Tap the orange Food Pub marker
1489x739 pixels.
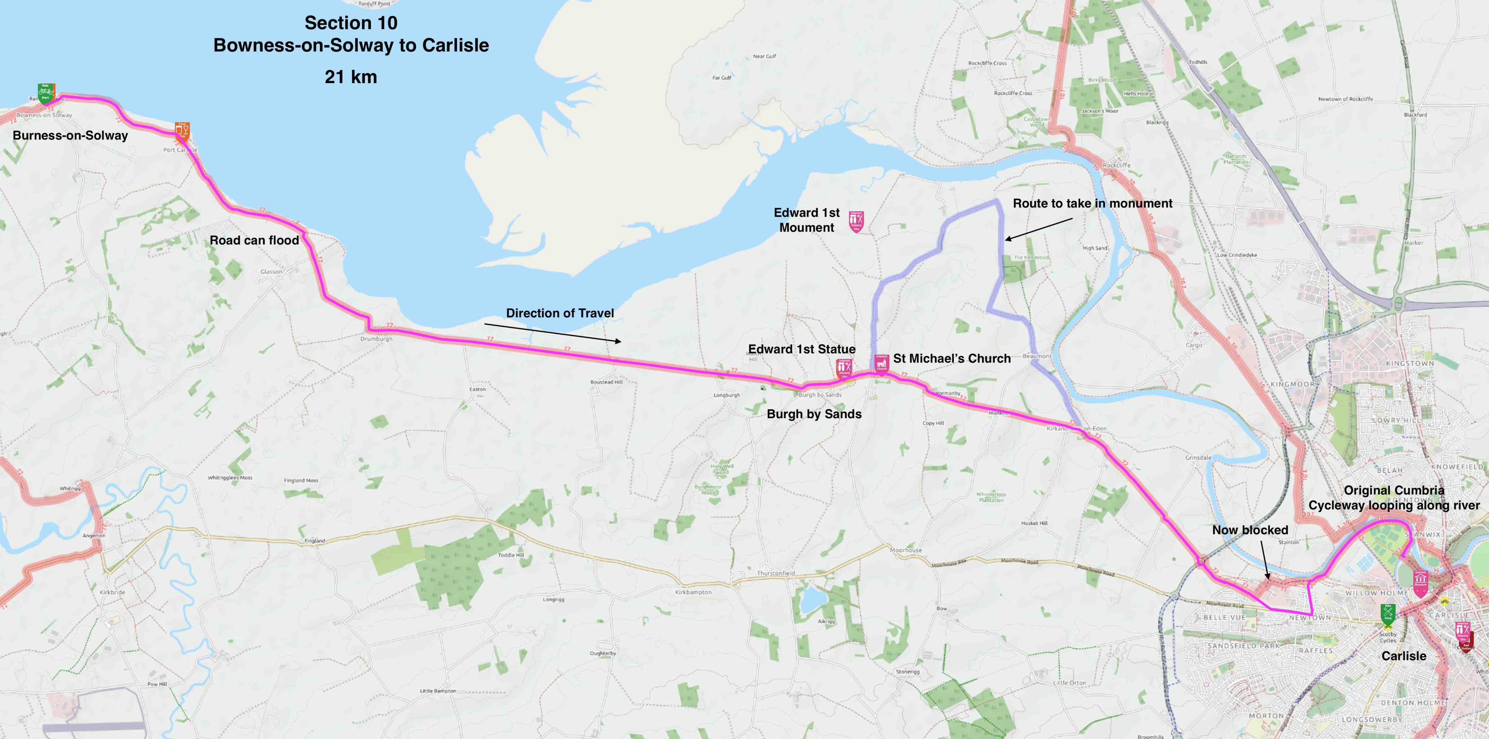(182, 131)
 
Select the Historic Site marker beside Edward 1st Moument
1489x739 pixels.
(856, 221)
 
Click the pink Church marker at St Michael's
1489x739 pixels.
(882, 364)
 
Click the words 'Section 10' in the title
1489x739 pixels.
(351, 23)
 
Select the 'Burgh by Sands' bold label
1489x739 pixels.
(814, 414)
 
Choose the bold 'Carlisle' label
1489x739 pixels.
(1403, 656)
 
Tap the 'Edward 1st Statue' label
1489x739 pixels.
(802, 349)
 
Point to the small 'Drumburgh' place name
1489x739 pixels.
(376, 339)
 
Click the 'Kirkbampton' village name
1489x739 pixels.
(693, 592)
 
